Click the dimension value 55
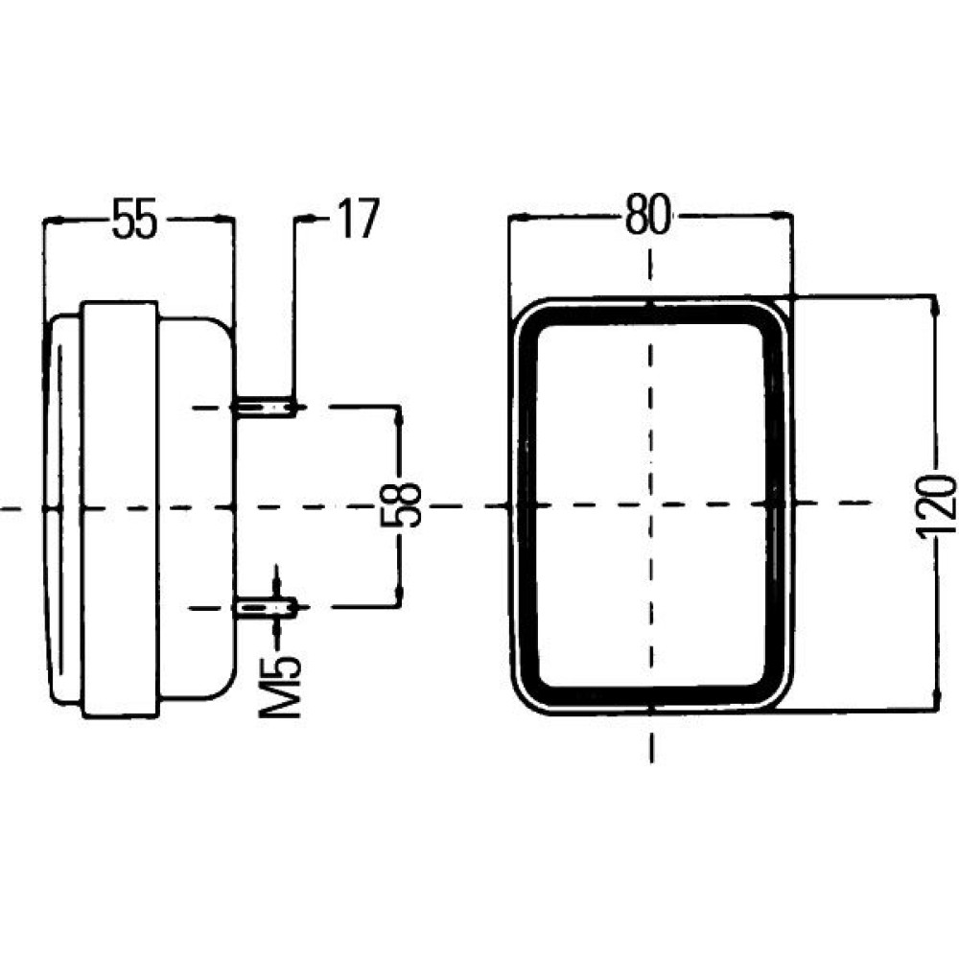click(134, 218)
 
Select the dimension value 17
click(359, 218)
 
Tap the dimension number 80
click(648, 215)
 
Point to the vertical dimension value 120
click(936, 505)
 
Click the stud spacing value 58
click(401, 505)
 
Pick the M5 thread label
click(280, 688)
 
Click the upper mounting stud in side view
click(265, 407)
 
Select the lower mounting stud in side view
click(266, 607)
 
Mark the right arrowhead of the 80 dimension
click(782, 215)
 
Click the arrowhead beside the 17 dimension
click(307, 218)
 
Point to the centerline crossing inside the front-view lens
click(650, 504)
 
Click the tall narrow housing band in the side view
click(120, 509)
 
